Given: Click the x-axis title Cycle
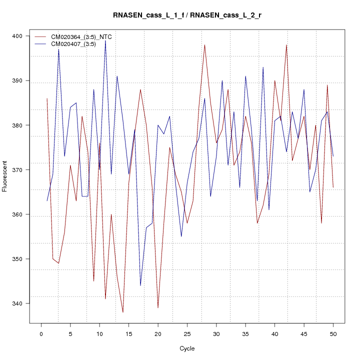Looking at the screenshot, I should [x=186, y=348].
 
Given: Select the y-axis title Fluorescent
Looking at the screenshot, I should [x=5, y=176].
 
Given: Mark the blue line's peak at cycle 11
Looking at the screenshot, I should [x=105, y=40].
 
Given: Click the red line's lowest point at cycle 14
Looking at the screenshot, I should [x=123, y=312].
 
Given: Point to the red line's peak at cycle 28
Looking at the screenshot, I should [x=204, y=45].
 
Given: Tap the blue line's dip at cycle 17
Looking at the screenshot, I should [x=140, y=285].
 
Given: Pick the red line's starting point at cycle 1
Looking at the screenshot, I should [x=47, y=98].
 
